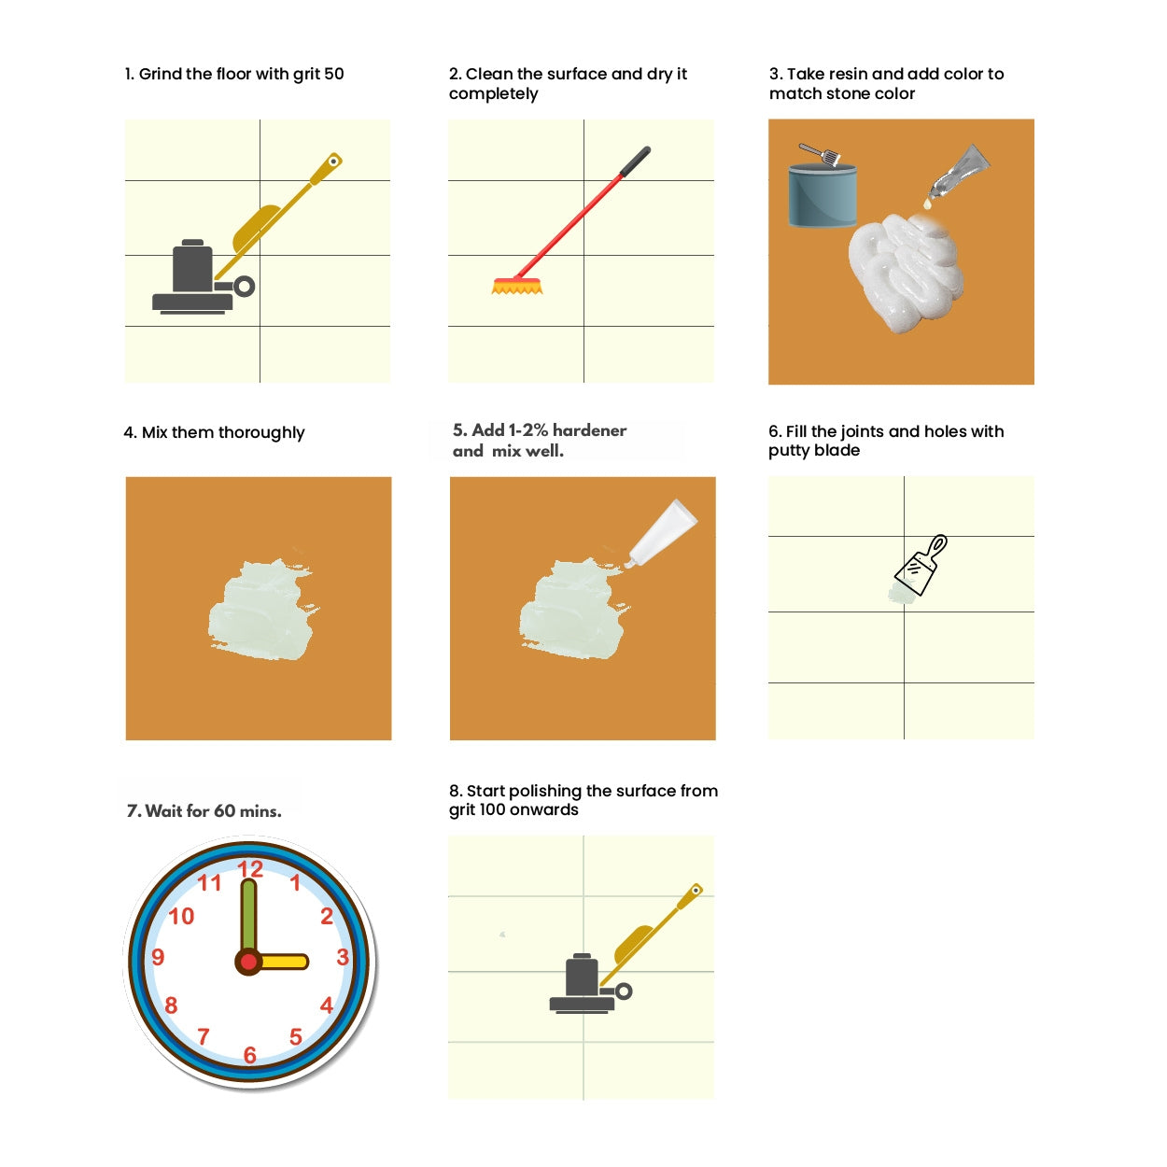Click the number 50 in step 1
(x=333, y=74)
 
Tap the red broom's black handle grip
(x=635, y=162)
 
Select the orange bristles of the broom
(x=516, y=287)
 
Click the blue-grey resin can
(x=823, y=195)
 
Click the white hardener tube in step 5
(x=661, y=533)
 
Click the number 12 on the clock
(x=250, y=869)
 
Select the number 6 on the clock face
(x=250, y=1056)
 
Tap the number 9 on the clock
(x=158, y=957)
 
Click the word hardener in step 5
(x=589, y=430)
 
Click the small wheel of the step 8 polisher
(x=624, y=991)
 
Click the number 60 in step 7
(x=224, y=811)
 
